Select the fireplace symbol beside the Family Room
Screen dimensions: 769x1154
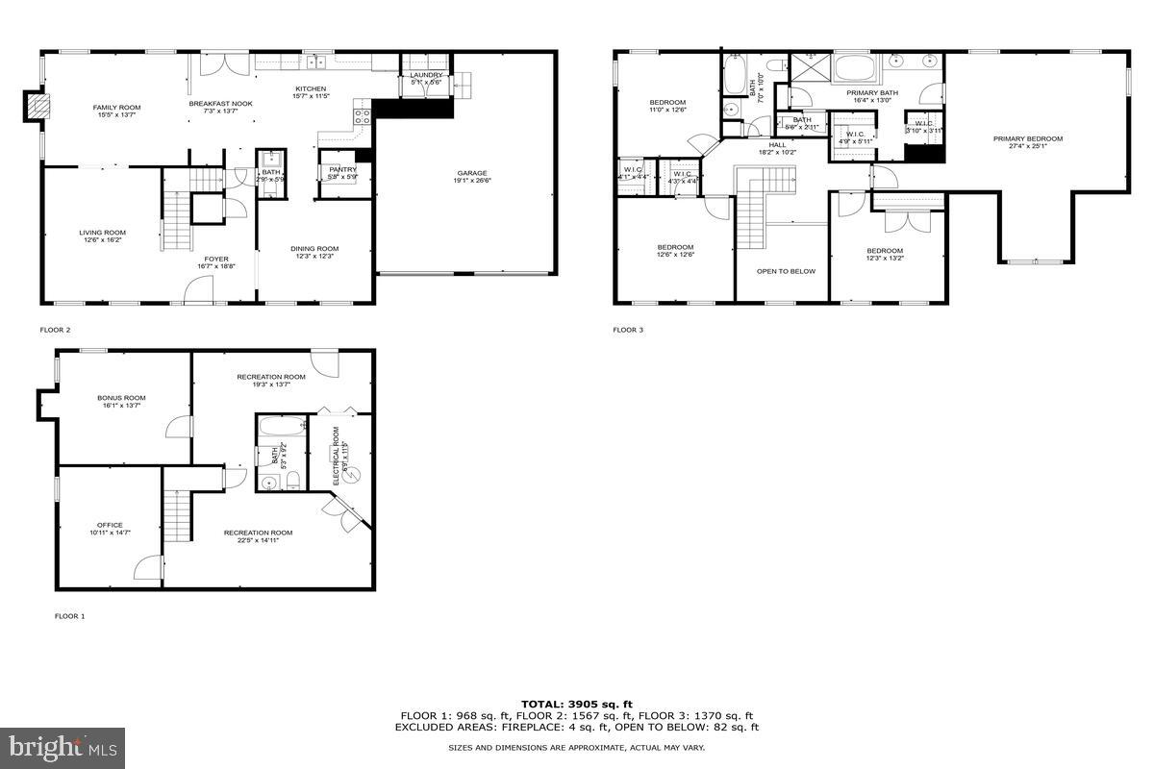37,105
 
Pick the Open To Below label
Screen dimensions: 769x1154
786,271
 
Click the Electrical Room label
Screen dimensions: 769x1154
337,452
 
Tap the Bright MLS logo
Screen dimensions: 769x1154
63,745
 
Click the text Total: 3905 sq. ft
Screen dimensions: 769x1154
576,704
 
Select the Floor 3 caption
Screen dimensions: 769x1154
628,330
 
